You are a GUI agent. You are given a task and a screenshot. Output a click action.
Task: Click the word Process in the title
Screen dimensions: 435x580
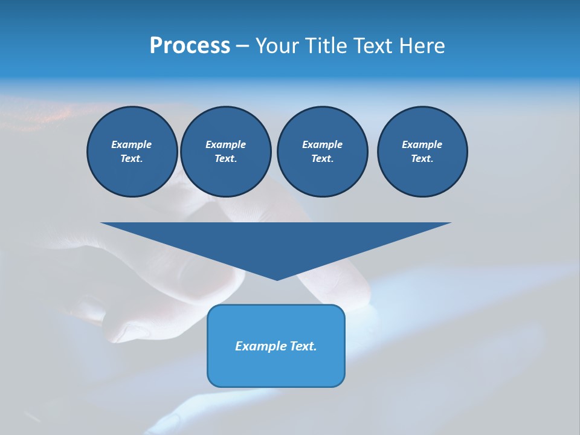pyautogui.click(x=190, y=46)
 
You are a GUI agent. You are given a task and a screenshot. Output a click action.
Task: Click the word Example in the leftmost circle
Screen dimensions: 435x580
pyautogui.click(x=132, y=144)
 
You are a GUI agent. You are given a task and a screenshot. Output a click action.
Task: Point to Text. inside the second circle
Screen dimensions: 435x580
pyautogui.click(x=225, y=159)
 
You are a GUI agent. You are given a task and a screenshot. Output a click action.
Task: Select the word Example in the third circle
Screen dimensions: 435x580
pyautogui.click(x=322, y=144)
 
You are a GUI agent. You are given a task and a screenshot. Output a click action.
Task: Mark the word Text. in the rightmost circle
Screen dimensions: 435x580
pyautogui.click(x=422, y=159)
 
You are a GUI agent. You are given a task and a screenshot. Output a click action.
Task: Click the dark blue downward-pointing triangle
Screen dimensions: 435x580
pyautogui.click(x=276, y=242)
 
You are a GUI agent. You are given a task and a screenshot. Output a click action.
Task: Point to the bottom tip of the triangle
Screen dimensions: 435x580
pyautogui.click(x=277, y=279)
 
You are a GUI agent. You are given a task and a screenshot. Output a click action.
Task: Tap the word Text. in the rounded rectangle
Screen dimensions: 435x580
pyautogui.click(x=302, y=346)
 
